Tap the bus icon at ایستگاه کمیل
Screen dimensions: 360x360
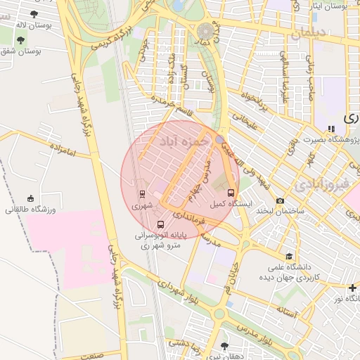(x=231, y=192)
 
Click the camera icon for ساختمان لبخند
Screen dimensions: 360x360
(x=281, y=200)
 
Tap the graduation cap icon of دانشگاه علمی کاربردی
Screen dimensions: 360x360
(x=288, y=257)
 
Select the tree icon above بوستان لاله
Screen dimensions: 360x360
(x=34, y=13)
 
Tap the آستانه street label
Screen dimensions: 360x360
(x=288, y=309)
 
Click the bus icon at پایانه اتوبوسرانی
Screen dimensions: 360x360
(x=161, y=224)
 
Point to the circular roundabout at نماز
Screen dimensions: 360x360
(x=206, y=31)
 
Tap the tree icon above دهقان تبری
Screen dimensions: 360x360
(x=224, y=345)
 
